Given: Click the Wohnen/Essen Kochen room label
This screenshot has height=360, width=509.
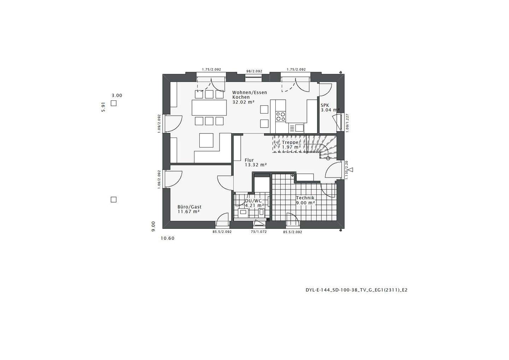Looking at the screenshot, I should [249, 95].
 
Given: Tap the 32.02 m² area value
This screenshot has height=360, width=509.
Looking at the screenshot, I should [244, 102].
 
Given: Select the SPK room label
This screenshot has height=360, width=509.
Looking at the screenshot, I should [325, 105].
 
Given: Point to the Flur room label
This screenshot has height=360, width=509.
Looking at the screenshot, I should [249, 160].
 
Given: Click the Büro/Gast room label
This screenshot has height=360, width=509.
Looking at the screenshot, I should [189, 207].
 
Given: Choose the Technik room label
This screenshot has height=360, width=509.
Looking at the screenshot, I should [305, 198].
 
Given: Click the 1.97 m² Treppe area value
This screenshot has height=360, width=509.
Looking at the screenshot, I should [291, 147].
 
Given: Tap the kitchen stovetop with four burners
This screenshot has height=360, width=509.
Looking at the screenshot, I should [281, 116].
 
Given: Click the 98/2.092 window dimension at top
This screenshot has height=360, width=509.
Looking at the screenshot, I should [254, 71].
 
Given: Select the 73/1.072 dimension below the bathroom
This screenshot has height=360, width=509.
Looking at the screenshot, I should [259, 232].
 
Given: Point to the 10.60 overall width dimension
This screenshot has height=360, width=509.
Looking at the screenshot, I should [168, 238].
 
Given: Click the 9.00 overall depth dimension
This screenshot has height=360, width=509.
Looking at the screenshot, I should [153, 226].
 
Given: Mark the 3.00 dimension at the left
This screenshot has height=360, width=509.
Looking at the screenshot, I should [117, 95].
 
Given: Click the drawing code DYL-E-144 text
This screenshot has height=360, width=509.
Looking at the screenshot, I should [356, 290].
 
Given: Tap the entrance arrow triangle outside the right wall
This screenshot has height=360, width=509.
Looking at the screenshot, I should [351, 170].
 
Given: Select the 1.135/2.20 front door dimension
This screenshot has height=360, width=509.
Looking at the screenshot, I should [347, 169].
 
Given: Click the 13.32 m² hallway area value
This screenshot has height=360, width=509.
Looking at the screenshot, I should [256, 165].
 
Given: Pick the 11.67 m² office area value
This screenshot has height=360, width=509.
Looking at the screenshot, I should [188, 211].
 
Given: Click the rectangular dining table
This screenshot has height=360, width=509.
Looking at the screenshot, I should [209, 108].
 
